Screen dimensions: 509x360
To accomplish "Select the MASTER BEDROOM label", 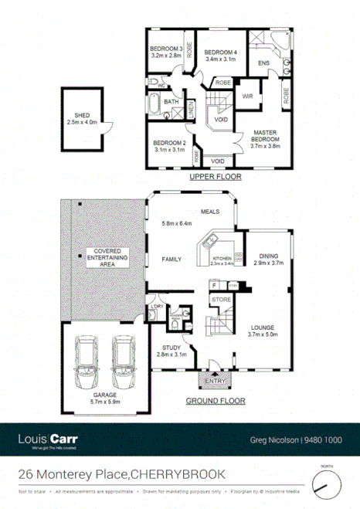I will pos(265,137).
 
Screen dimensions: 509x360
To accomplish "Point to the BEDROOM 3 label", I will pos(165,49).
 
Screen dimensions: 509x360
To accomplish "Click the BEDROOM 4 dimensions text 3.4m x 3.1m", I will pos(220,58).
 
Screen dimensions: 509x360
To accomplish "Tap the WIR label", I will pos(248,97).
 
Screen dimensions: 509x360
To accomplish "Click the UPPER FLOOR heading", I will pos(216,177).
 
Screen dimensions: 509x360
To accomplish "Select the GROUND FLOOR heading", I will pos(216,401).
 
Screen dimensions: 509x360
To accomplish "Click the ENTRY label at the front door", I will pos(213,380).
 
